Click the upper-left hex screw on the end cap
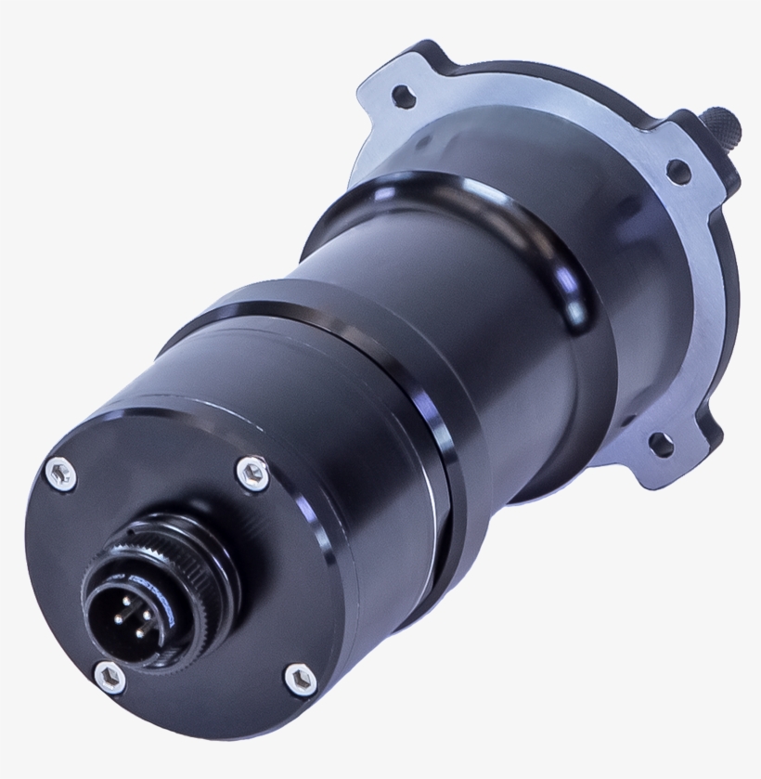(61, 474)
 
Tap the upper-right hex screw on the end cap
(252, 473)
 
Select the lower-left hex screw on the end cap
(110, 676)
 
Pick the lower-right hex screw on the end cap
(299, 681)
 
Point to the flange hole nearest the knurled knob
(678, 172)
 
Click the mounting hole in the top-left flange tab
(403, 96)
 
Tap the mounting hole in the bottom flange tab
(660, 445)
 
